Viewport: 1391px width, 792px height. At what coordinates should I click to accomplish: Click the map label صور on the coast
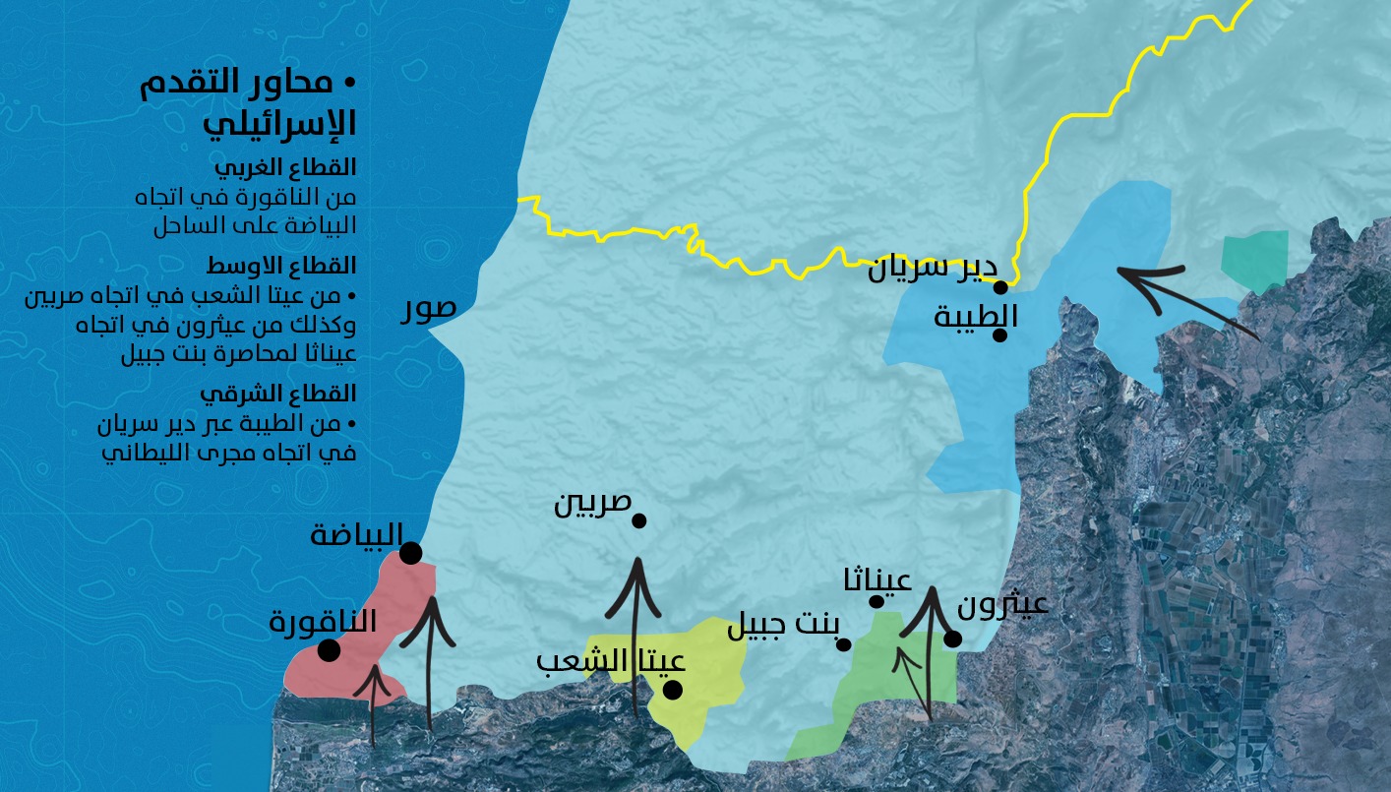click(x=429, y=308)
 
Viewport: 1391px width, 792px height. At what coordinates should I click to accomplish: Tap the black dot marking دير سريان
click(x=1000, y=287)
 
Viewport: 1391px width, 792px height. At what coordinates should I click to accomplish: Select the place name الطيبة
click(x=975, y=317)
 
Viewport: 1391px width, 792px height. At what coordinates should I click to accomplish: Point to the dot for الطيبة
click(x=999, y=335)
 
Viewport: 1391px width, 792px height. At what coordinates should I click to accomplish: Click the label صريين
click(x=592, y=504)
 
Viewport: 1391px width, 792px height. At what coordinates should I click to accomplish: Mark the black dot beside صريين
click(x=638, y=520)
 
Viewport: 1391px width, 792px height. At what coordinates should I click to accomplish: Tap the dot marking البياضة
click(x=411, y=554)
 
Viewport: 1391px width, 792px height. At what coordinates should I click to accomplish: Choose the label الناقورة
click(x=323, y=622)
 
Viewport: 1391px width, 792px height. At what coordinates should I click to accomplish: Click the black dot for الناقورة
click(x=329, y=650)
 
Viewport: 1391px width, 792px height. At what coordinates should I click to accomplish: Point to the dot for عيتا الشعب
click(x=673, y=690)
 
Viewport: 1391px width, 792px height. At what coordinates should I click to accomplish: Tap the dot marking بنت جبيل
click(x=843, y=644)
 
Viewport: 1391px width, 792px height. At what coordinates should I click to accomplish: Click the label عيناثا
click(x=877, y=580)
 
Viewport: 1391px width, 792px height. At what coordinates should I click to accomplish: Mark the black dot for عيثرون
click(x=952, y=640)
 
